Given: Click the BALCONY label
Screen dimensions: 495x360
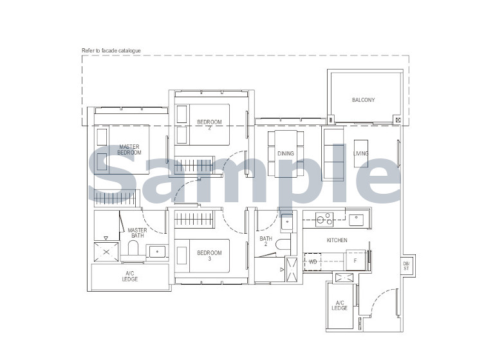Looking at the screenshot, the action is pos(363,100).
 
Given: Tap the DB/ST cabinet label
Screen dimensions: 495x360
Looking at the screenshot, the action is pos(406,266).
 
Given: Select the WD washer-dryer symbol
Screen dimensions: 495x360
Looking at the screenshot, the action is pos(313,262).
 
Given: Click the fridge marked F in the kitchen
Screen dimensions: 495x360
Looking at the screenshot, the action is pos(356,261).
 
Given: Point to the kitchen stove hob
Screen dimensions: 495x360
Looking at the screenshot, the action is pos(324,220).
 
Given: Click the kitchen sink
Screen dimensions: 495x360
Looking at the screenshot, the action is pos(356,220).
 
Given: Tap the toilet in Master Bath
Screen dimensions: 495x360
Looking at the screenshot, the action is pos(133,249).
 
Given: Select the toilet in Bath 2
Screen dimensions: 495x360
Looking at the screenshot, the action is pos(283,245).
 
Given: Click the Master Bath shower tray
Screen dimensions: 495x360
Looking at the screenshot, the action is pos(106,252).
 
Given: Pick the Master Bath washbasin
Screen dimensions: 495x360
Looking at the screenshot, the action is pos(157,252).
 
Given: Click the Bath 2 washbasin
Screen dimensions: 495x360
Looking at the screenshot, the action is pos(287,222).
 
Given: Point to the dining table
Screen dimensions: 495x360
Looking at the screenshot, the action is pos(286,154).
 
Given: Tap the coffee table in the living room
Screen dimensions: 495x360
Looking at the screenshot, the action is pos(361,153).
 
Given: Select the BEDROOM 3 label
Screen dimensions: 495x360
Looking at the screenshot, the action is pos(209,256).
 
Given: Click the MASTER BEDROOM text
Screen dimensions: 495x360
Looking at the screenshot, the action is pos(129,149).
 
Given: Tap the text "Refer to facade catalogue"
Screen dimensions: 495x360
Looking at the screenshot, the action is pos(111,50).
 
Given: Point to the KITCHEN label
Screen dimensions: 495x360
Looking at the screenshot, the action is pos(337,240).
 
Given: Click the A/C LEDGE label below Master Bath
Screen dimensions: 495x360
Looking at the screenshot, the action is pos(130,276).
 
